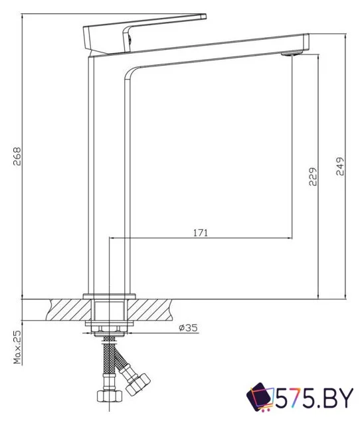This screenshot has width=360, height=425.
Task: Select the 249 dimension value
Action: tap(340, 165)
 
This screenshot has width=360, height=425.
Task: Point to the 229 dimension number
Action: tap(313, 177)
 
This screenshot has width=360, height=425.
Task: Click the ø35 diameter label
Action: tap(188, 327)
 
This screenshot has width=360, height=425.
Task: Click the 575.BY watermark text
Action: tap(312, 399)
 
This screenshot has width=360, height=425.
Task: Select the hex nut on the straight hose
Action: tap(107, 397)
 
